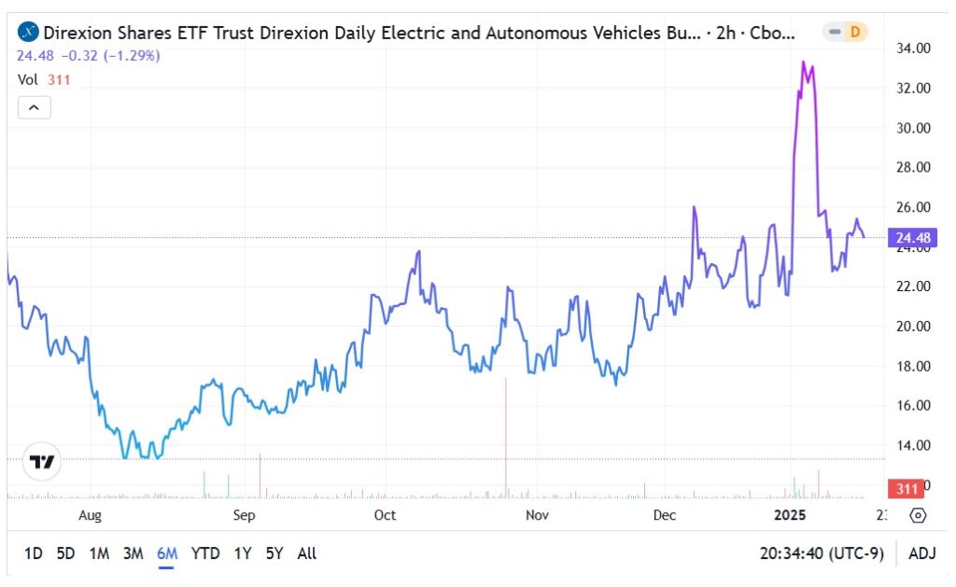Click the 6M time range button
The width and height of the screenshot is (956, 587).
point(167,553)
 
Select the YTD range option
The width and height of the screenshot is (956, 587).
point(205,553)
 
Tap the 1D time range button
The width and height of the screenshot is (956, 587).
point(33,553)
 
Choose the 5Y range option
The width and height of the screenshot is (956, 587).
point(274,553)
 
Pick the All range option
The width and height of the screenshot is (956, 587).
point(306,553)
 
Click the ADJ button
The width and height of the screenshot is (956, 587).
point(921,553)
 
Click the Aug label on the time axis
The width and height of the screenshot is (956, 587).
point(90,515)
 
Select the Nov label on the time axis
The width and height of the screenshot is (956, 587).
point(536,515)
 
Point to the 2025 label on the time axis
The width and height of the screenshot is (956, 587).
point(790,515)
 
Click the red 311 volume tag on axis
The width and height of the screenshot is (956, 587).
point(906,489)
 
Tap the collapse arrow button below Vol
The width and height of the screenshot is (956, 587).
point(34,107)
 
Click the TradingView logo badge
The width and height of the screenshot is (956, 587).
point(41,461)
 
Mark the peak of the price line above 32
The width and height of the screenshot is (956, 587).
point(804,62)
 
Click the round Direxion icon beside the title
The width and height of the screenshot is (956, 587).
point(29,33)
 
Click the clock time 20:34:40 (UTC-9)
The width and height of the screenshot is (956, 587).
point(822,553)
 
